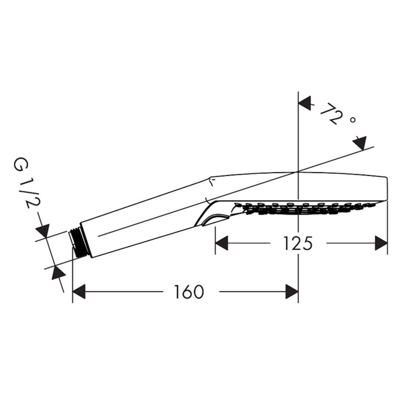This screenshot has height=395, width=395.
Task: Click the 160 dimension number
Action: pyautogui.click(x=189, y=292)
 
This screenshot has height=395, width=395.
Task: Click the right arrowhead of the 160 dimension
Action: pyautogui.click(x=292, y=292)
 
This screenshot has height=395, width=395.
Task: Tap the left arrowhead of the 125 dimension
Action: pyautogui.click(x=222, y=243)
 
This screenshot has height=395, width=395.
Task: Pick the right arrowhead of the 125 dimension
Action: pyautogui.click(x=381, y=243)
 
